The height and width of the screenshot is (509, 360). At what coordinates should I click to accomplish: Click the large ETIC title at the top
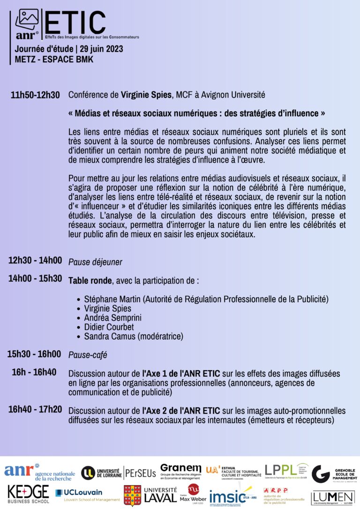click(x=75, y=22)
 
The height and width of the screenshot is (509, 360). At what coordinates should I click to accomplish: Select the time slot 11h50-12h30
click(x=35, y=95)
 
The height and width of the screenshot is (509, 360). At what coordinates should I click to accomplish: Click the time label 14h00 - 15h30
click(x=35, y=278)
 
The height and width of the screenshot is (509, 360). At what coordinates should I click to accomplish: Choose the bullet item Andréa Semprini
click(x=112, y=318)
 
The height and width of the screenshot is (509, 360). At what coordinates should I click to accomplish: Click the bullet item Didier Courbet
click(x=109, y=327)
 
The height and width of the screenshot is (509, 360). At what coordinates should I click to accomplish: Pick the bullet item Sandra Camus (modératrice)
click(x=134, y=337)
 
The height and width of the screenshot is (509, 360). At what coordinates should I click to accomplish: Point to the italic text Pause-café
click(x=88, y=355)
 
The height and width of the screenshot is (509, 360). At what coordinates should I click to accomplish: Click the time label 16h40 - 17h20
click(x=35, y=409)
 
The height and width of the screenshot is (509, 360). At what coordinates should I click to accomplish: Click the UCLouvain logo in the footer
click(x=87, y=495)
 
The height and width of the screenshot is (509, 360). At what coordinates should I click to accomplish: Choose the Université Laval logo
click(x=150, y=495)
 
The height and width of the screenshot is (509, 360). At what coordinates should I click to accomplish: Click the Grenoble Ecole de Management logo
click(x=334, y=474)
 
